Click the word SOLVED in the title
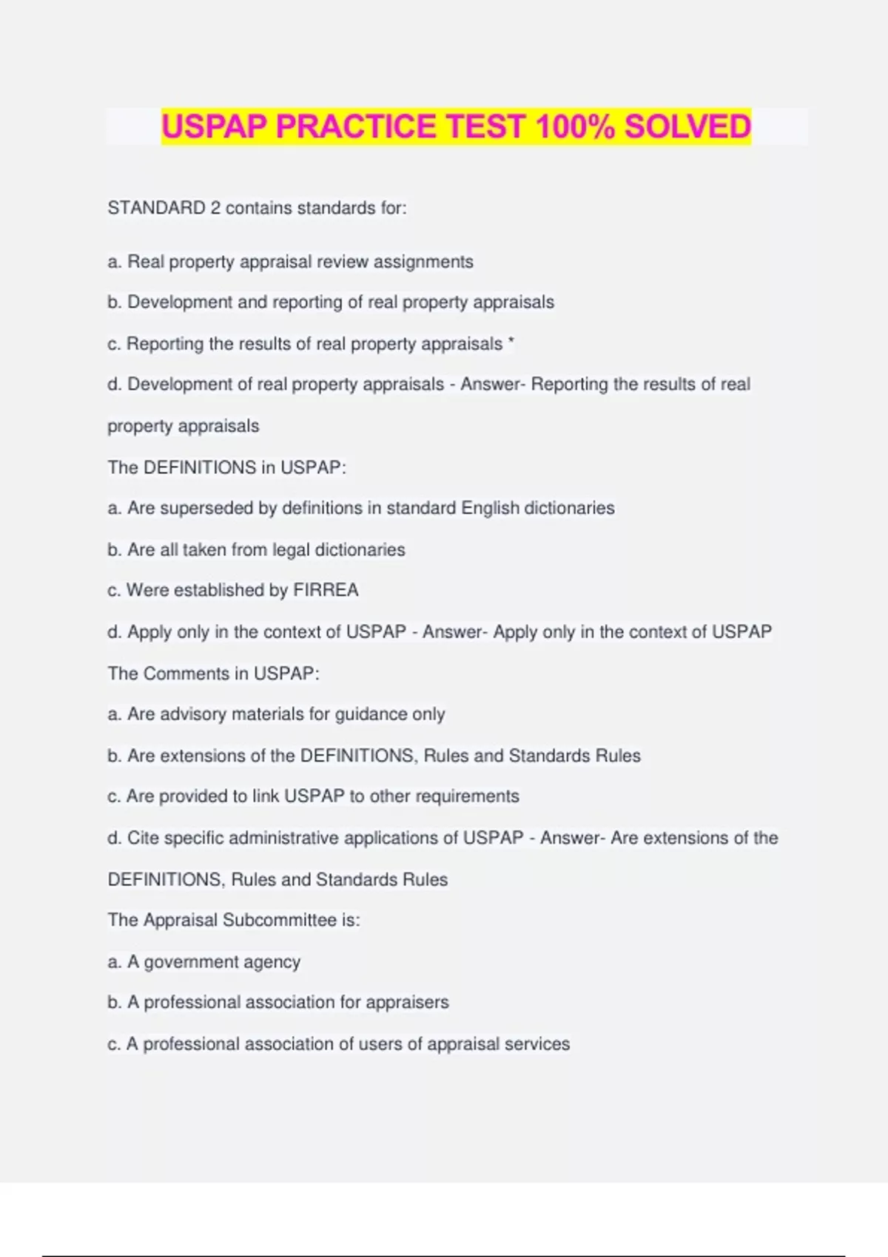pos(687,126)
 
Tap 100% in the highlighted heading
pos(575,126)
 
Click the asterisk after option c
pos(511,343)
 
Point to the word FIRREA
pos(326,590)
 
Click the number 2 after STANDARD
pos(215,208)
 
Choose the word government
pos(185,962)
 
